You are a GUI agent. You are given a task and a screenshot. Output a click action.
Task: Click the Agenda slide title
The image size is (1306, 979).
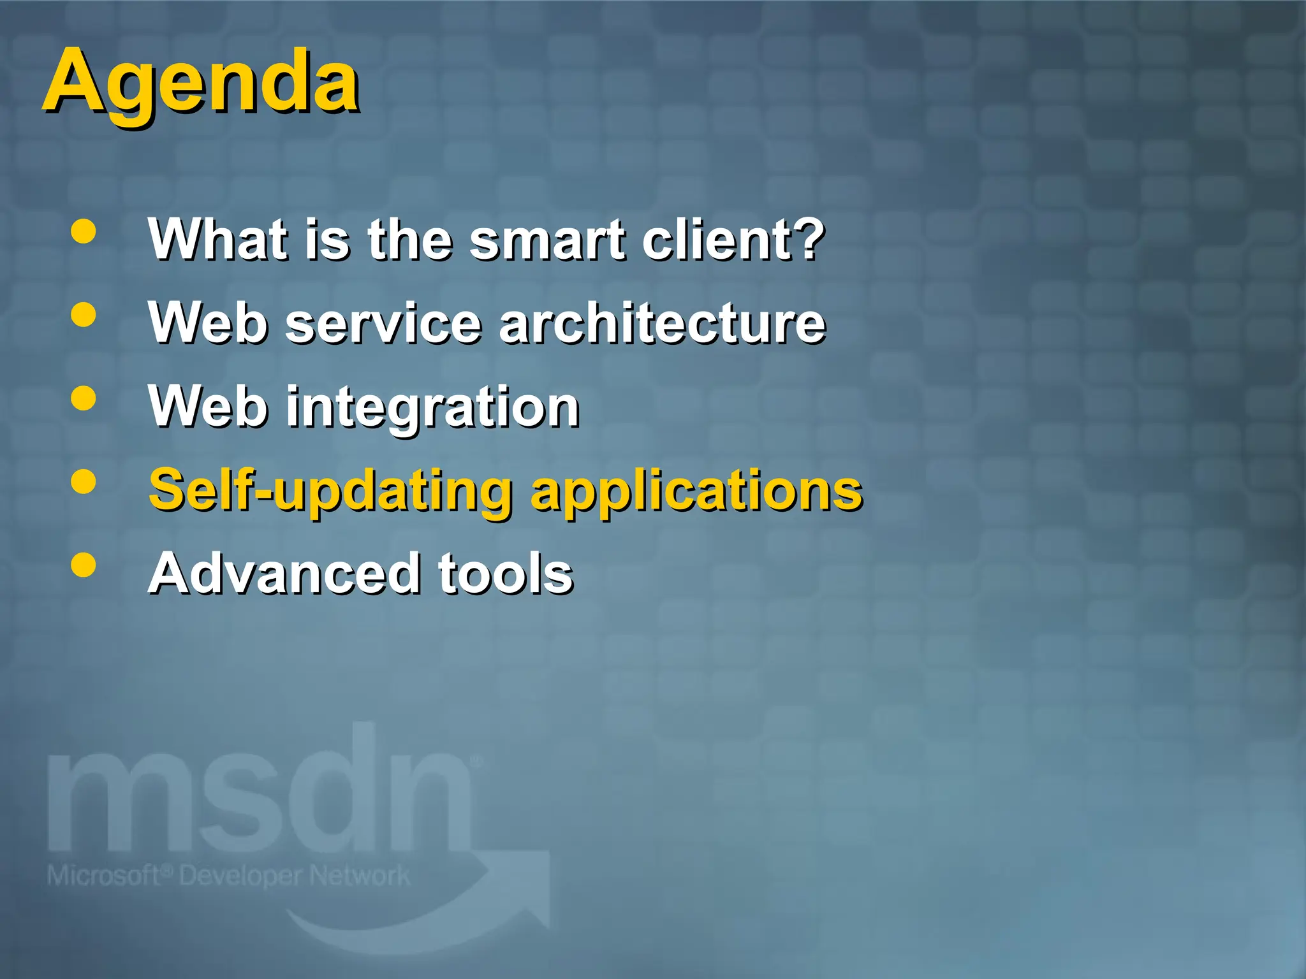point(202,83)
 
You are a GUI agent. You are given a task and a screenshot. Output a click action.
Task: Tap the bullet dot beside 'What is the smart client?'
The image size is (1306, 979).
point(84,231)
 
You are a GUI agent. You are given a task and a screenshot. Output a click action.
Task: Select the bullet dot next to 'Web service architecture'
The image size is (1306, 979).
point(84,314)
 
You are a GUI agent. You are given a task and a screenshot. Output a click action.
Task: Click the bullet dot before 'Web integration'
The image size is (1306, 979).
point(84,398)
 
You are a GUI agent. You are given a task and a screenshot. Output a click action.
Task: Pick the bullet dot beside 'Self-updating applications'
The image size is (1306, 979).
point(84,481)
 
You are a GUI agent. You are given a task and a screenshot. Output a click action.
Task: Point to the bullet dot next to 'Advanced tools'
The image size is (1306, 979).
point(84,565)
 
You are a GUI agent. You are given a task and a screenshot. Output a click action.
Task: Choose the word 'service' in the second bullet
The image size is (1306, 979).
point(383,323)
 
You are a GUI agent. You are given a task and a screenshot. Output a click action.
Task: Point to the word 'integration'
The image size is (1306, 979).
point(432,408)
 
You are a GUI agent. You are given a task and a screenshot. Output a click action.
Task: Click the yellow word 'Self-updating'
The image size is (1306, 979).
point(330,491)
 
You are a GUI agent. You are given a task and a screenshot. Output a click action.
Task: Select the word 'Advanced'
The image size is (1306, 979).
point(284,574)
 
